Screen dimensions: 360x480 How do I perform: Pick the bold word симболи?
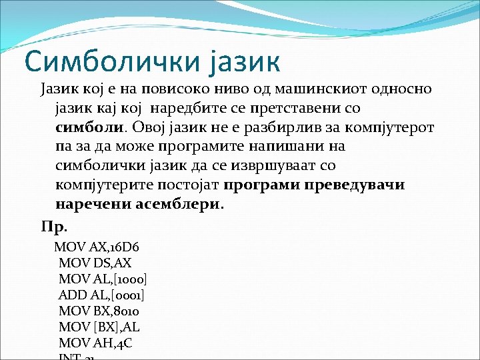(89, 127)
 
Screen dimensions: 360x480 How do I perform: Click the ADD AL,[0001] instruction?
(101, 295)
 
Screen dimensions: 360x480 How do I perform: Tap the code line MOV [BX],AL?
(99, 327)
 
